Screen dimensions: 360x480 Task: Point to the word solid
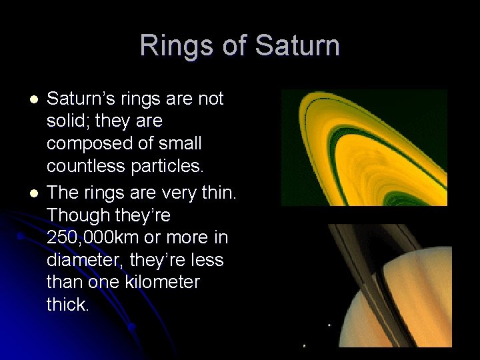click(65, 121)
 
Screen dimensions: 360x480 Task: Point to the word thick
click(67, 305)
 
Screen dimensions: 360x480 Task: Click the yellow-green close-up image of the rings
click(363, 147)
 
